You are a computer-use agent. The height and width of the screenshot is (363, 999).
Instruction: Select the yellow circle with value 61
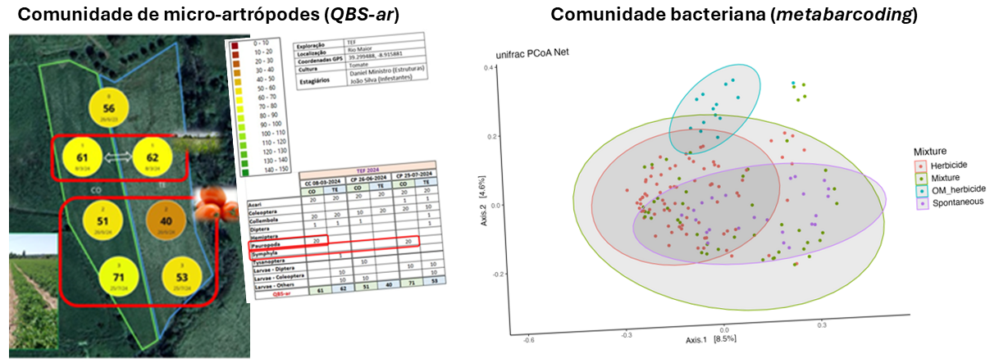coord(81,157)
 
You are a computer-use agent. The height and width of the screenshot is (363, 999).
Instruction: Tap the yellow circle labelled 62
coord(152,157)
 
